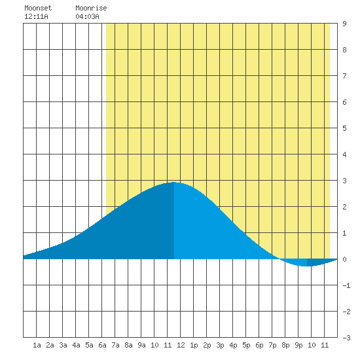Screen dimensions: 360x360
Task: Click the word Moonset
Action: tap(38, 8)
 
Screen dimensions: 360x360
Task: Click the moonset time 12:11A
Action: tap(36, 16)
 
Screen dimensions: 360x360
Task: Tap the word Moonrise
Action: tap(91, 8)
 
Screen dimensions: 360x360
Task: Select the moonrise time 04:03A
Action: tap(88, 16)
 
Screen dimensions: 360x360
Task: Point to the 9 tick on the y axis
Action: tap(344, 24)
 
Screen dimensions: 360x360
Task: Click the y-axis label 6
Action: tap(344, 102)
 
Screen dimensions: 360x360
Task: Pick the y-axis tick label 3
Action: tap(344, 181)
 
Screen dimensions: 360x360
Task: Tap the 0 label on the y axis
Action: tap(344, 259)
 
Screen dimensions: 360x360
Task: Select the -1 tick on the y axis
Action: tap(346, 285)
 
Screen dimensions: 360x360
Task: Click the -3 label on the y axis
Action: tap(346, 338)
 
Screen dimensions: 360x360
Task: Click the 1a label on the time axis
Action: tap(37, 345)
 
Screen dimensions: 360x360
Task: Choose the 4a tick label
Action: tap(76, 345)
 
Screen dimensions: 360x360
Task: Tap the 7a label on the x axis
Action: tap(115, 345)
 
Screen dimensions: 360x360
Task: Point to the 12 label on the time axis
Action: tap(181, 345)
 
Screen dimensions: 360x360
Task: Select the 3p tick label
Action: tap(220, 345)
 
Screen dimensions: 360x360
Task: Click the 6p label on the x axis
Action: tap(259, 345)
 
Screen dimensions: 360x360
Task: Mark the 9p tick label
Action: tap(298, 345)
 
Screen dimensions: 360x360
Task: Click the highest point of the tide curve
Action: tap(174, 183)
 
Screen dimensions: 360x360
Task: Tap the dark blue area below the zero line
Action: tap(318, 262)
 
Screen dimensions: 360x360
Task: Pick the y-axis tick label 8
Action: tap(344, 50)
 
